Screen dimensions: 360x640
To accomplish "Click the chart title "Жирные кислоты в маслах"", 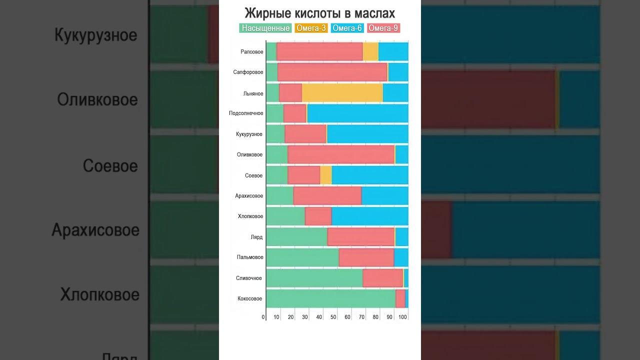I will pos(319,13).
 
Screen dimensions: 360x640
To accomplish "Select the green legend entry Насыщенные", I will pos(265,28).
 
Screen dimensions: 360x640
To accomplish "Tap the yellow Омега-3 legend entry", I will pos(311,28).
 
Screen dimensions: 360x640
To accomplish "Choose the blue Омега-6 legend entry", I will pos(347,28).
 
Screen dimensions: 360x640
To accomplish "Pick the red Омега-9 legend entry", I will pos(383,28).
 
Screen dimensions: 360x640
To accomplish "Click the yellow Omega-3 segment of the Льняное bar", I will pos(342,93).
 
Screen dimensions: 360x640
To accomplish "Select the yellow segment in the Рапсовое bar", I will pos(370,51).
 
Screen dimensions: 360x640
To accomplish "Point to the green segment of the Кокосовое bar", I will pos(330,298).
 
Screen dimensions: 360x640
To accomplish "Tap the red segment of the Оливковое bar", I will pos(341,154).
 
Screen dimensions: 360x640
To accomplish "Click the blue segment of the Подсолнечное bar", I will pos(357,113).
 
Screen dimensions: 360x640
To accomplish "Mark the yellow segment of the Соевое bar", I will pos(325,175).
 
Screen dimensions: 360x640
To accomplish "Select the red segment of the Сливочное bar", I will pos(382,278).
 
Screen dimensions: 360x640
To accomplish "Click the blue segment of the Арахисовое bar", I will pos(384,195).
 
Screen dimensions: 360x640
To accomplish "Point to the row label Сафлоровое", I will pos(248,72).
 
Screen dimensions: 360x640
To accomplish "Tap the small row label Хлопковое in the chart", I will pos(250,216).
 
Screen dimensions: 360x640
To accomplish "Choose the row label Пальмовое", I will pos(250,257).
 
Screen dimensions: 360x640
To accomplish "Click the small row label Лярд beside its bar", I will pos(256,237).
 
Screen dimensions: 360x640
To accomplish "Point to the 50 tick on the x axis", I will pos(333,317).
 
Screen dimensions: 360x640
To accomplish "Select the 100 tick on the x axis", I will pos(402,317).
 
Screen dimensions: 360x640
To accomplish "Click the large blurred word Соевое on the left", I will pos(110,166).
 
